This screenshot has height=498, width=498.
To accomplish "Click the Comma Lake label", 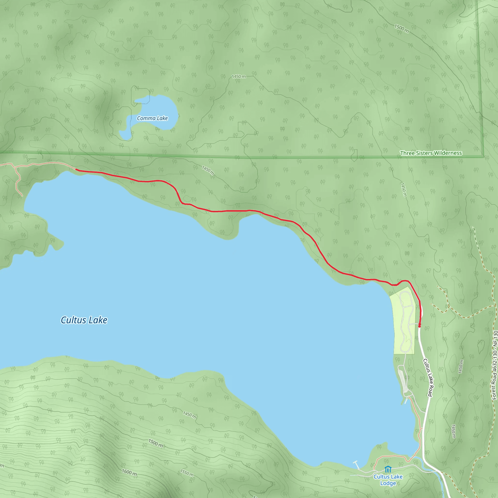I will click(x=152, y=118).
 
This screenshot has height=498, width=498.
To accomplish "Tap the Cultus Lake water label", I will click(x=84, y=320).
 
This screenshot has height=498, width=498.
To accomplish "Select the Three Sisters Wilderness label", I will click(x=431, y=153).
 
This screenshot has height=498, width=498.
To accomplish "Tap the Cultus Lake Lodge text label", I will click(x=388, y=480).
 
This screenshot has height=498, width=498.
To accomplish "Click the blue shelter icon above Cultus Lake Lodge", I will click(x=388, y=469).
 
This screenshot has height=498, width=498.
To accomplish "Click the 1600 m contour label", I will click(x=129, y=472).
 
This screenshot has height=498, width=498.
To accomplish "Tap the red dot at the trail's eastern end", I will click(x=419, y=326).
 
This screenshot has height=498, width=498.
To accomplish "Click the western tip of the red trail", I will click(x=76, y=170).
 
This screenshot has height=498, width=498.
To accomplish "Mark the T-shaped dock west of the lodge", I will click(x=357, y=464).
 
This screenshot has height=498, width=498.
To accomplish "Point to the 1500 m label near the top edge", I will click(x=401, y=29).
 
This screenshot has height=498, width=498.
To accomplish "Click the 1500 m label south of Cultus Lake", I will click(x=155, y=443).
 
